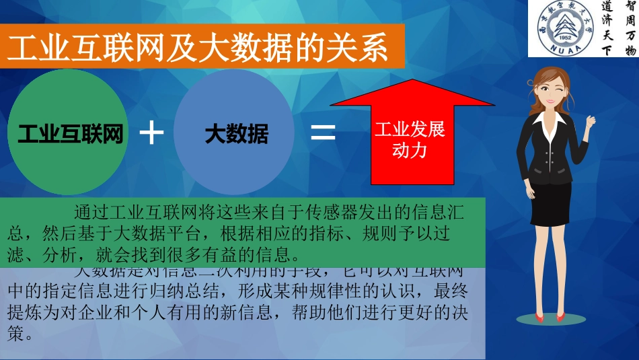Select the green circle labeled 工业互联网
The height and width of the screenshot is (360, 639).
(70, 134)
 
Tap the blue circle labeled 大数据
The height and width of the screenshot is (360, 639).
(236, 135)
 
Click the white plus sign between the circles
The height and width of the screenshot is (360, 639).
(151, 133)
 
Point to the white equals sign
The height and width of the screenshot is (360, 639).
(323, 133)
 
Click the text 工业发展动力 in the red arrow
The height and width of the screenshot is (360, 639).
(410, 140)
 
